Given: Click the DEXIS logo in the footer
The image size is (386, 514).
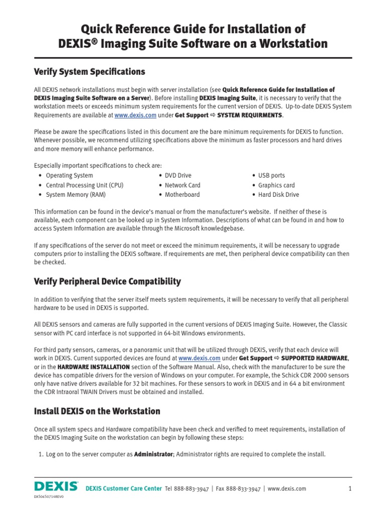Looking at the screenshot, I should pos(56,486).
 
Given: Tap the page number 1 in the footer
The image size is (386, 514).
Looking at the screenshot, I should pos(350,488).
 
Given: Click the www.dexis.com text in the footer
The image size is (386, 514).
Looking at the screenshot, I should pos(286,488).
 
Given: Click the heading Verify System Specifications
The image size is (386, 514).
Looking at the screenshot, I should pos(89,71).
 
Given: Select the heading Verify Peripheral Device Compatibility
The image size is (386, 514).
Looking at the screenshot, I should pos(107,281).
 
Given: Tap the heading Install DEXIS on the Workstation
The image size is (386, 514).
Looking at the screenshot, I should pos(97,411).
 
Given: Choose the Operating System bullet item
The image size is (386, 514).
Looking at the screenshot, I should pos(69,176).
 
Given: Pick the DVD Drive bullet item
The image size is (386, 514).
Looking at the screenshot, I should pos(178,176).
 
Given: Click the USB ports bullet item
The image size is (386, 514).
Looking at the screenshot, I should pos(271,176).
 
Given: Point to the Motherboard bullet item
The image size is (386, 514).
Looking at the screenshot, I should pos(182,195).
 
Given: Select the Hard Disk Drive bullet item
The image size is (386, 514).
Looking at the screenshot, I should pos(278,195).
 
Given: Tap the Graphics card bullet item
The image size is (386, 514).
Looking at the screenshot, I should pos(276,185).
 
